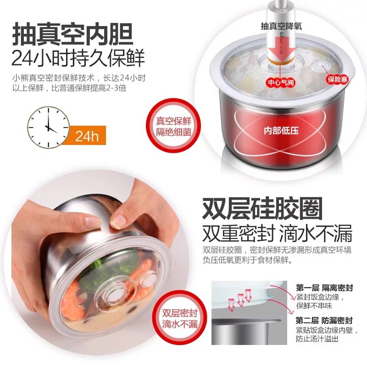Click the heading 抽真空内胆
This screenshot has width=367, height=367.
(x=73, y=34)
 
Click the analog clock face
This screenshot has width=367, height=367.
(x=49, y=128)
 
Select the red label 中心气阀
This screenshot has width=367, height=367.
(x=281, y=83)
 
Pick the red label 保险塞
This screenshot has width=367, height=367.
(x=337, y=79)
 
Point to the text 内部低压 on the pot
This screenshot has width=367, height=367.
(x=281, y=131)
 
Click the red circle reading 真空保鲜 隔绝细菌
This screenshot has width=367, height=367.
(x=174, y=127)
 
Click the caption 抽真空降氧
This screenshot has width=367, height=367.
(x=282, y=26)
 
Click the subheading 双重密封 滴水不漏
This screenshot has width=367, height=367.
(x=277, y=233)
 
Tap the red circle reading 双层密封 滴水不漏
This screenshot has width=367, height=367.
(x=180, y=319)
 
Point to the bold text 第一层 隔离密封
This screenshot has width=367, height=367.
(x=324, y=288)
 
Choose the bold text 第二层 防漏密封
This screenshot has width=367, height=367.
(x=324, y=320)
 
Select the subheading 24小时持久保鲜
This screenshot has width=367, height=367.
(x=78, y=58)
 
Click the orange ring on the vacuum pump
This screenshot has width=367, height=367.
(x=280, y=62)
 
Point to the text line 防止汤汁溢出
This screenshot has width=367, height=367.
(x=317, y=339)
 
